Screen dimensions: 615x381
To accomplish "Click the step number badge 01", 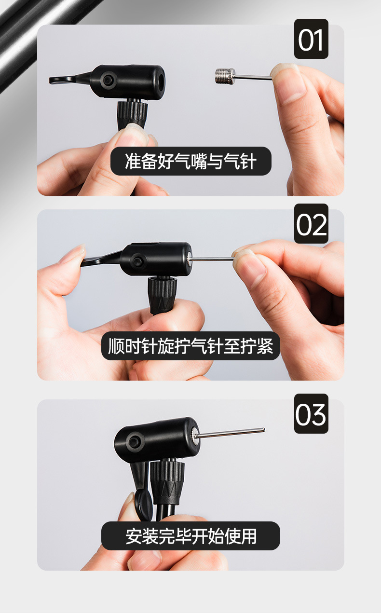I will pos(311,39).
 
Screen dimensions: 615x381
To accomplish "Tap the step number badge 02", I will pos(311,223).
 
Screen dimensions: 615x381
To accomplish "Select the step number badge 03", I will pos(311,413).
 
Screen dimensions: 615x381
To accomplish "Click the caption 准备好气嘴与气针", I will pos(190,161).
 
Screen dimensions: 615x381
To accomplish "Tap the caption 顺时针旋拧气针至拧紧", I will pos(190,346).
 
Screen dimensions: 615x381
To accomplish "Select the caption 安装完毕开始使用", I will pos(190,536).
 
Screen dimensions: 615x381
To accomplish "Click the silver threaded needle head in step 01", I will pos(225,76).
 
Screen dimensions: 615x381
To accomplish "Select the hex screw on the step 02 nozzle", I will pos(138,261).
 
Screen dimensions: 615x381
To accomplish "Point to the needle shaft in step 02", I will pos(212,259).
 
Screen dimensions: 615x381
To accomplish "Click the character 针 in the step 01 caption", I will pos(247,161).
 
